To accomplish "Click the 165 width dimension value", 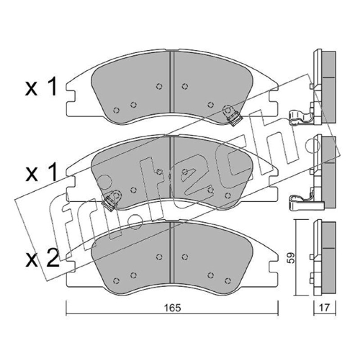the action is click(172, 308).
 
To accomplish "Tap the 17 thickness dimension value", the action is click(324, 308).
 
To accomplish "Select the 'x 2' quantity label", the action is click(42, 260).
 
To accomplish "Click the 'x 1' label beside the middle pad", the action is click(41, 173).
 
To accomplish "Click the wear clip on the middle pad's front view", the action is click(111, 200).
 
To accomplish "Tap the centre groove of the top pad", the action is click(172, 83).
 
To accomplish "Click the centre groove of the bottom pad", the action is click(172, 252).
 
